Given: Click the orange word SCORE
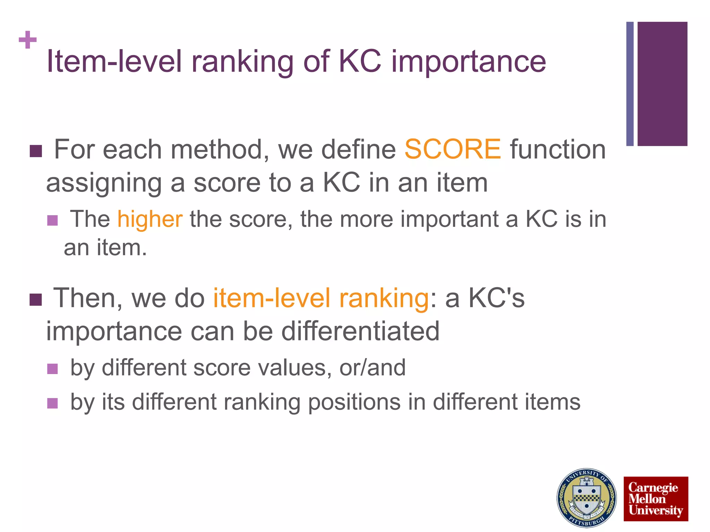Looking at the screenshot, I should [x=452, y=149].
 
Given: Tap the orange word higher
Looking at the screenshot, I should [x=150, y=219].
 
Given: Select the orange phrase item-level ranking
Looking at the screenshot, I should [x=321, y=298].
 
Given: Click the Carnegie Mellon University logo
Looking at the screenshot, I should [x=656, y=499].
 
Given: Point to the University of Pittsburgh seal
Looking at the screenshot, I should [x=587, y=498].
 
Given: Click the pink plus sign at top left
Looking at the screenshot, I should [x=28, y=40].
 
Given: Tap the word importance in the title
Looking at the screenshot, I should [x=468, y=62].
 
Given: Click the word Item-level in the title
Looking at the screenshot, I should [x=114, y=62].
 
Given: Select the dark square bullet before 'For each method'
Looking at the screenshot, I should [x=36, y=151].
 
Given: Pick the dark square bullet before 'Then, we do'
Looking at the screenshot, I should [x=36, y=300].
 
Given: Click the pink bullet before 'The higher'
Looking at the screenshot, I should [x=52, y=221].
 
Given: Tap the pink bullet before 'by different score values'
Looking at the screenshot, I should [x=52, y=369].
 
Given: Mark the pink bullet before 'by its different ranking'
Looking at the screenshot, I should [x=52, y=403].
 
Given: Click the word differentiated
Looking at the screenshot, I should [x=360, y=331].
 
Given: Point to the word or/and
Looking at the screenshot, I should [x=372, y=367].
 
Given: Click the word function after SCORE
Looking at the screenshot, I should [x=557, y=149].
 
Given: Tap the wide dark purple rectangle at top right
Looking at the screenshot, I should [x=662, y=84].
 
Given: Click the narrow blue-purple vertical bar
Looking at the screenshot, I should [x=630, y=84].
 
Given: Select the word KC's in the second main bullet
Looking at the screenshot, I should [x=496, y=298].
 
